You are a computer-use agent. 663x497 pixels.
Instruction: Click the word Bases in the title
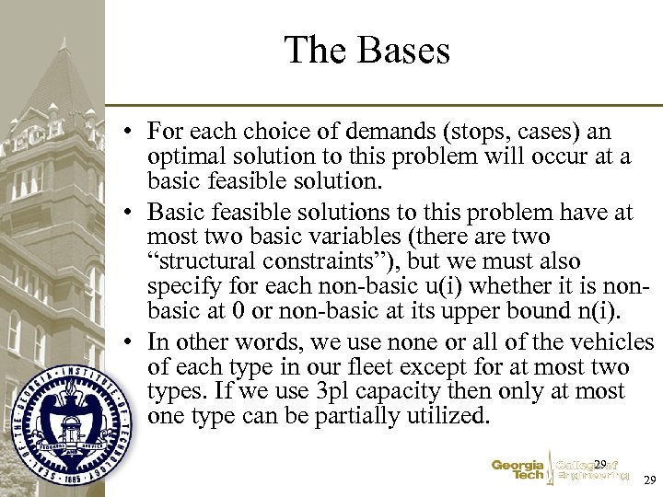405,50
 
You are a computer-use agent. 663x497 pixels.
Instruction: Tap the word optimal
183,156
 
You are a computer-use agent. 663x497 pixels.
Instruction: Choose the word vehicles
617,342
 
